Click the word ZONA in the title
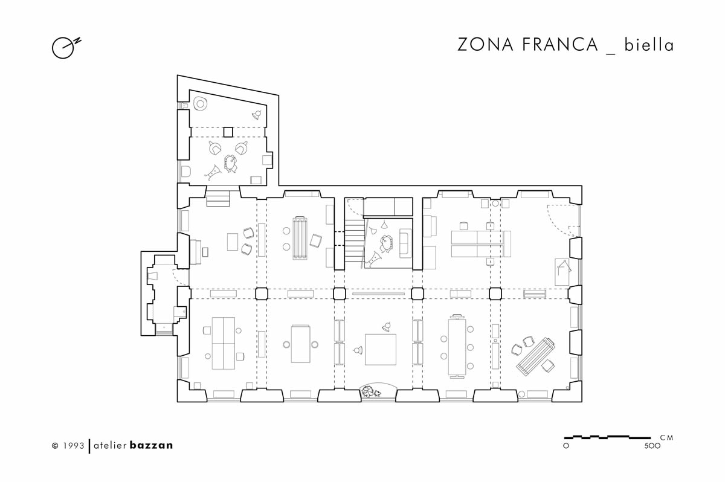(485, 45)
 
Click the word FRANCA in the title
(560, 45)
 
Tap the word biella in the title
(649, 45)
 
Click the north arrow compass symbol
(66, 48)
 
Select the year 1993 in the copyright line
(74, 445)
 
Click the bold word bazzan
(151, 445)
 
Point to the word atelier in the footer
(110, 445)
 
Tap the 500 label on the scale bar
(652, 445)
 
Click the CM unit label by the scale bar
(667, 437)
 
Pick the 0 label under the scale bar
(566, 446)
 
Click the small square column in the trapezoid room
(228, 132)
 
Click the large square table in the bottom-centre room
(381, 349)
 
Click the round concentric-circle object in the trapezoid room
(201, 104)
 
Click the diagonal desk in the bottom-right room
(536, 357)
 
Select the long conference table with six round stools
(457, 346)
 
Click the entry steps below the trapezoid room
(218, 198)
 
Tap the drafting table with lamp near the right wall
(562, 272)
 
